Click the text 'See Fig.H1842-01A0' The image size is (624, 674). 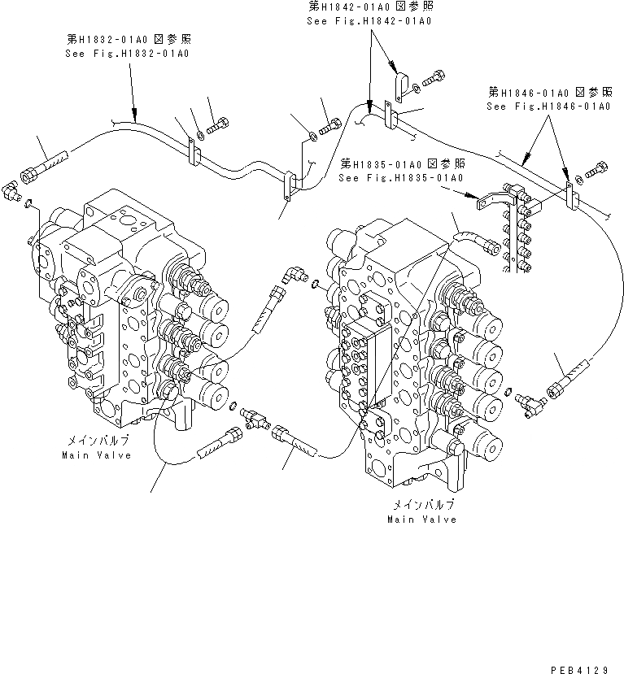tap(369, 19)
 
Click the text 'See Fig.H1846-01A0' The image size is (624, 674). tap(548, 106)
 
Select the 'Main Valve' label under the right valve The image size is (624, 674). tap(421, 519)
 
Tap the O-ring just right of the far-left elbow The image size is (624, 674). tap(30, 202)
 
